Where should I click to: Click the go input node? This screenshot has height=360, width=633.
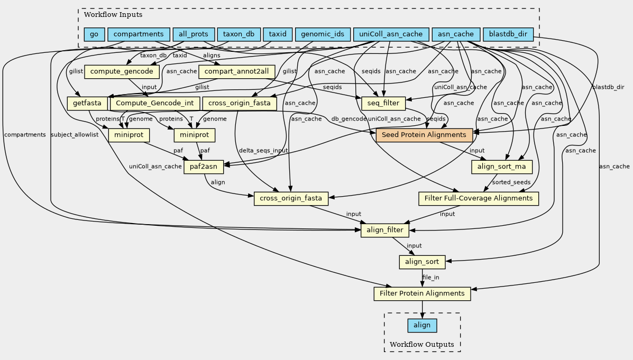click(94, 34)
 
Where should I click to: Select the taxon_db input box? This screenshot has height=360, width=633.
click(239, 34)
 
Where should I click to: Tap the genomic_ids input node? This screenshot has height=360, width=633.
click(323, 34)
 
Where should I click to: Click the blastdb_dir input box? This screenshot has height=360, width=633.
click(508, 34)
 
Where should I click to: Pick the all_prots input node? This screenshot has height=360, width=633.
click(194, 34)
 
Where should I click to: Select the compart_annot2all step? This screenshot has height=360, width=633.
click(236, 71)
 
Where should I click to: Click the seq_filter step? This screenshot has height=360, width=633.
click(383, 103)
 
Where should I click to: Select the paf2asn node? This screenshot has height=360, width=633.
click(204, 168)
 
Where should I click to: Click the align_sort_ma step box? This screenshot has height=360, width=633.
click(501, 167)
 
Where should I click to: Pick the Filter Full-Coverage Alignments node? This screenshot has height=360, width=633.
click(479, 198)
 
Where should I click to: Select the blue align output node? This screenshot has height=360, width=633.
click(422, 325)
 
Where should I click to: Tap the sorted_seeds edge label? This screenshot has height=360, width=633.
click(511, 182)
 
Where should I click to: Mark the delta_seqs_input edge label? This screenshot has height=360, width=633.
click(263, 151)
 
